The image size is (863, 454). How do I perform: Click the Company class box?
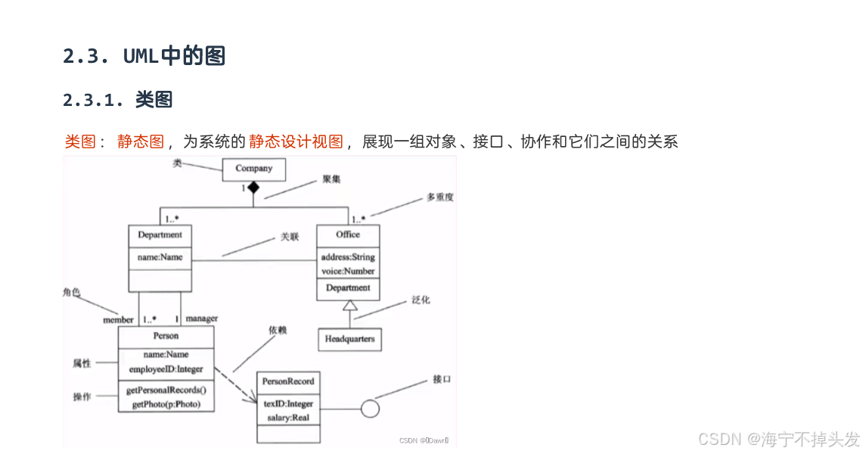click(x=253, y=169)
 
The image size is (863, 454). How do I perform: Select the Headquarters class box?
click(x=349, y=339)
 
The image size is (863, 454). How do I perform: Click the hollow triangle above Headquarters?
click(x=349, y=306)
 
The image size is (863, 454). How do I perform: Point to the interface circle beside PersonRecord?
click(x=370, y=409)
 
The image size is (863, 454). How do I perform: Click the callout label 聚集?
click(x=331, y=179)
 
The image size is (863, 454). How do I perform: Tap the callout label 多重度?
click(x=439, y=197)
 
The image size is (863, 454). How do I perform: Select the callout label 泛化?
click(x=421, y=300)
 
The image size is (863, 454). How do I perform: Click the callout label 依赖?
click(x=278, y=331)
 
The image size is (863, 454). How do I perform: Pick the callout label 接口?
click(x=442, y=379)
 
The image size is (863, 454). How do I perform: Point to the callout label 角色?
click(x=71, y=292)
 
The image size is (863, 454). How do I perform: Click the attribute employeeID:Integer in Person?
click(x=166, y=368)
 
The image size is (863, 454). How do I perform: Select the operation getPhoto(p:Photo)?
click(x=166, y=405)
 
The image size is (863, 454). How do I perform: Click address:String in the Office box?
click(x=347, y=257)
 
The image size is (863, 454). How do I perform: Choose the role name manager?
click(x=201, y=319)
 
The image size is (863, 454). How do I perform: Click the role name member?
click(x=118, y=320)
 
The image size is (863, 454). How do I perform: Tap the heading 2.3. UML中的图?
click(x=144, y=56)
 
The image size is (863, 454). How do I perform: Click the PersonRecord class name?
click(x=287, y=381)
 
